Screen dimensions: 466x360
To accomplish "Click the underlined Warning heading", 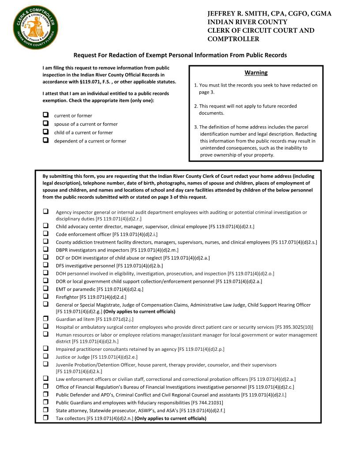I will coord(256,72).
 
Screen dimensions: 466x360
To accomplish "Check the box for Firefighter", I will coord(45,297).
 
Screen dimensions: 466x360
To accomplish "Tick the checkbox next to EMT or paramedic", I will coord(45,289).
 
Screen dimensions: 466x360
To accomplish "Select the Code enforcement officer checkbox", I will coord(45,234).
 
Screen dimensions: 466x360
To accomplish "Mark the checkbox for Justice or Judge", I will coord(45,356).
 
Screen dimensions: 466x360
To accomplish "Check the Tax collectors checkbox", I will coord(45,418).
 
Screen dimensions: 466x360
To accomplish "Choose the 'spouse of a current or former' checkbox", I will coord(45,124).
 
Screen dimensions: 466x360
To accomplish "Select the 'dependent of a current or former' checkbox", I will coord(45,140).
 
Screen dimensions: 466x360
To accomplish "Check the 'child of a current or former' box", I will coord(45,132).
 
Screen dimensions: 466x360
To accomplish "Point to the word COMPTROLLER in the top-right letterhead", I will coord(233,39).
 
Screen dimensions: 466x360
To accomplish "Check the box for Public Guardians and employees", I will coord(45,402).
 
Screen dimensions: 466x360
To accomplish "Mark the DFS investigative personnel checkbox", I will coord(45,265).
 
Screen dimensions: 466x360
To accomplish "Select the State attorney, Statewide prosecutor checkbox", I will coord(45,410).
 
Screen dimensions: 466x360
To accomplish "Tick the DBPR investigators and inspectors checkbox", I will coord(45,249).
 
